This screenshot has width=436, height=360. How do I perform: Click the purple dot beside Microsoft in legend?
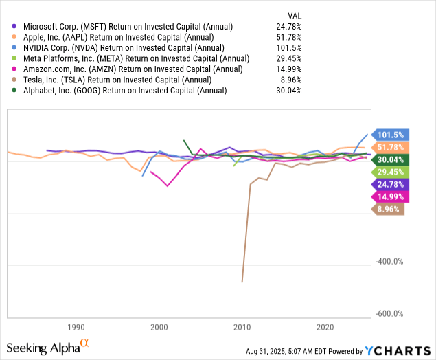[7, 26]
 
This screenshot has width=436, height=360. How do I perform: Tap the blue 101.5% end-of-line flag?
[389, 135]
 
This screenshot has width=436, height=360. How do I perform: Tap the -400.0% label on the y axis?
[389, 261]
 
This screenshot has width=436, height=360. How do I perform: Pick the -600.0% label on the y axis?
[389, 313]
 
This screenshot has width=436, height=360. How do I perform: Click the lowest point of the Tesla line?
[242, 282]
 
